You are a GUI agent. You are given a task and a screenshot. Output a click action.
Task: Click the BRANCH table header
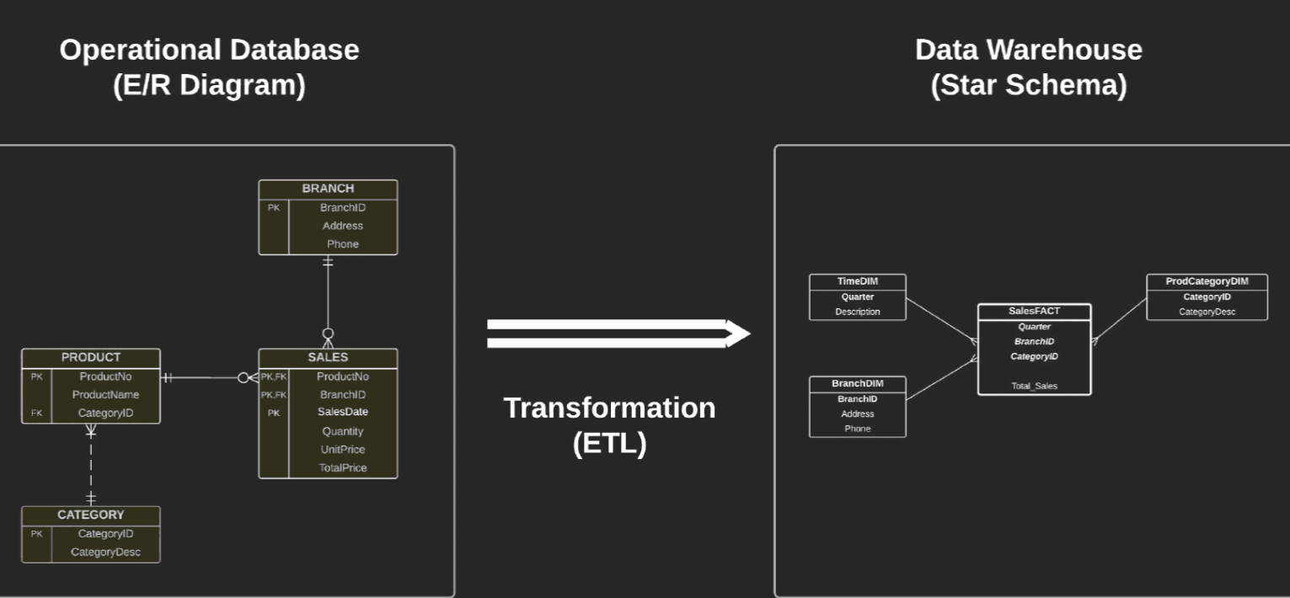coord(328,189)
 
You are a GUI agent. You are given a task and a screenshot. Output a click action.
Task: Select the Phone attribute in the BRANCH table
coord(343,244)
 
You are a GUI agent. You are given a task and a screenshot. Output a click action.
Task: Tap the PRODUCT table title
coord(91,357)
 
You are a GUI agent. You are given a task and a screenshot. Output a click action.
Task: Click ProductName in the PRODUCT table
coord(105,395)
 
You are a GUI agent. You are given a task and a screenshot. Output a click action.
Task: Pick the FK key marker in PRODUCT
coord(36,413)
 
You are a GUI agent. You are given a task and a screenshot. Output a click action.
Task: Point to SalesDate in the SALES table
coord(343,412)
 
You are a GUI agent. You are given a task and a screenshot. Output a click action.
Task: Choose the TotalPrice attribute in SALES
coord(343,468)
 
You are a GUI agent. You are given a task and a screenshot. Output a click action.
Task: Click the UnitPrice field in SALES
coord(343,450)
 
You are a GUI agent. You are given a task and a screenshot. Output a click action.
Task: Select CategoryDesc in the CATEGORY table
coord(105,552)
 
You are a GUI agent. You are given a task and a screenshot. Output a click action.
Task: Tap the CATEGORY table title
coord(91,515)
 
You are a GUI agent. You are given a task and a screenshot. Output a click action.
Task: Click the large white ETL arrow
coord(618,334)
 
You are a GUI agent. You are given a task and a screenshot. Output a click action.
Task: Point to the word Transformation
coord(609,408)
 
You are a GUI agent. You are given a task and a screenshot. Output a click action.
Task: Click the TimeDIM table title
coord(858,281)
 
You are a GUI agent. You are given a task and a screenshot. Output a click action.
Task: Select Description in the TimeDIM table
coord(858,312)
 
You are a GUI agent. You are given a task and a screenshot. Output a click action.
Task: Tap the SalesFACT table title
coord(1034,311)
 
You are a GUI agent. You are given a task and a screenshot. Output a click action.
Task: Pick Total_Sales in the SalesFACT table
coord(1034,387)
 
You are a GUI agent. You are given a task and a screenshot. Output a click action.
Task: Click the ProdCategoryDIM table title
coord(1207,281)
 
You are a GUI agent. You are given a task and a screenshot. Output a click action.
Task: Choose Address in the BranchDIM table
coord(858,414)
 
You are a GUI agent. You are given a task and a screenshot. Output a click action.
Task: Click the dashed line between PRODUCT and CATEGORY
coord(91,467)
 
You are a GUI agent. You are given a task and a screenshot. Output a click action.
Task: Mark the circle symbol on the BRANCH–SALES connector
coord(328,334)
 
